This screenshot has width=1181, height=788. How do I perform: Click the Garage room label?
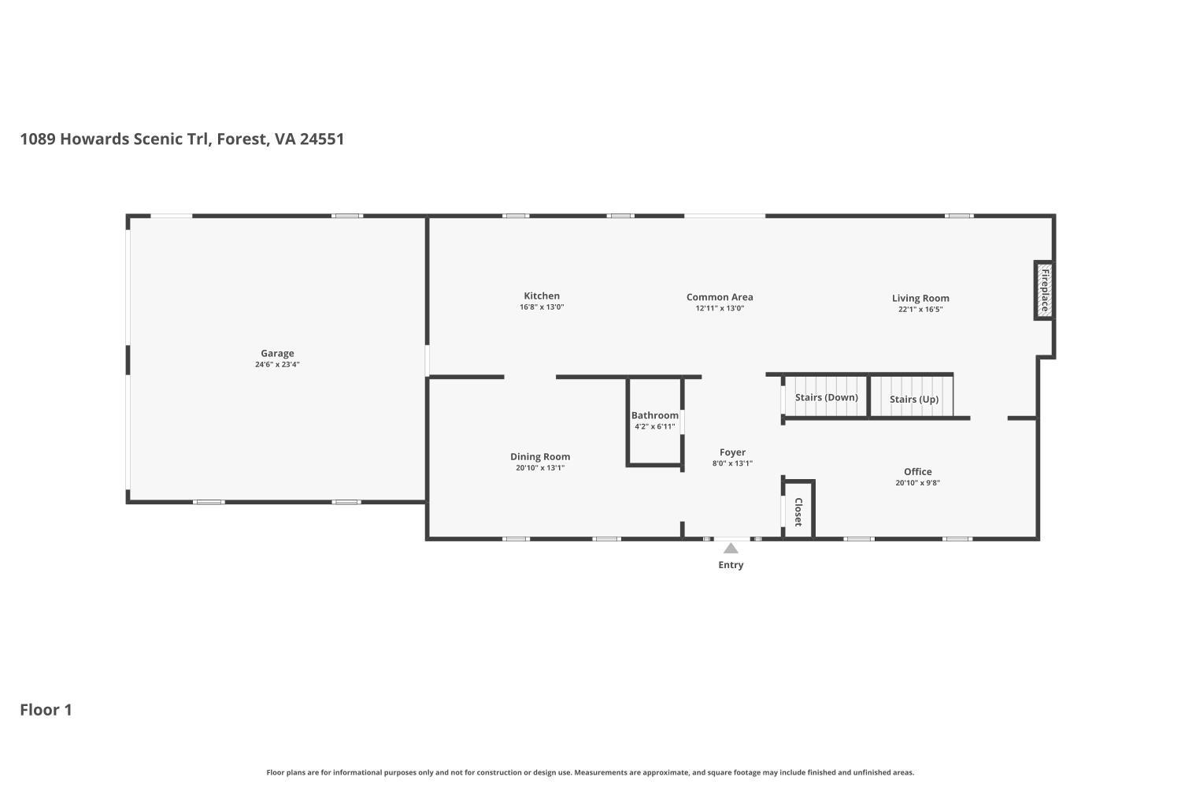(277, 354)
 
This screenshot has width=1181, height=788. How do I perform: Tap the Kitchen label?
(542, 296)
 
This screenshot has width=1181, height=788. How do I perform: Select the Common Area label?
(720, 297)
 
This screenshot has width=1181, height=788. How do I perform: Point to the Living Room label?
(920, 298)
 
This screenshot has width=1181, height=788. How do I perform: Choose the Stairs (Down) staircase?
(826, 397)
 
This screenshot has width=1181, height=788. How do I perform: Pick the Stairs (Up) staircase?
(913, 399)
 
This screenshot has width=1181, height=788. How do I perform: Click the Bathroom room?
(654, 426)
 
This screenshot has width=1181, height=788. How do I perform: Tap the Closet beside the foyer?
(798, 511)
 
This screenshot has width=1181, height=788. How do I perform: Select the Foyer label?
(732, 452)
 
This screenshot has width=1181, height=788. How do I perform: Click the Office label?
(917, 472)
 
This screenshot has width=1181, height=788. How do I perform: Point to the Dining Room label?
(540, 457)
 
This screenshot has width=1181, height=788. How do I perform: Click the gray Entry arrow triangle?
(731, 548)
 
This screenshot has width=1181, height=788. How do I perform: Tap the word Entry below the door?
(731, 565)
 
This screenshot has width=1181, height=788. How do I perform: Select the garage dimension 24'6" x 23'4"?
(277, 365)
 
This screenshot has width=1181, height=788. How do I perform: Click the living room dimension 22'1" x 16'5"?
(920, 310)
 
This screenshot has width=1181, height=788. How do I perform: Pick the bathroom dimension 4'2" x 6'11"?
(654, 427)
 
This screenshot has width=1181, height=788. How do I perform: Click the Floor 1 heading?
(46, 710)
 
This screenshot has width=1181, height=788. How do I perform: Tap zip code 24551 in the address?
(321, 139)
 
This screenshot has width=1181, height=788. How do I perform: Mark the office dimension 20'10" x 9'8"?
(917, 483)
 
